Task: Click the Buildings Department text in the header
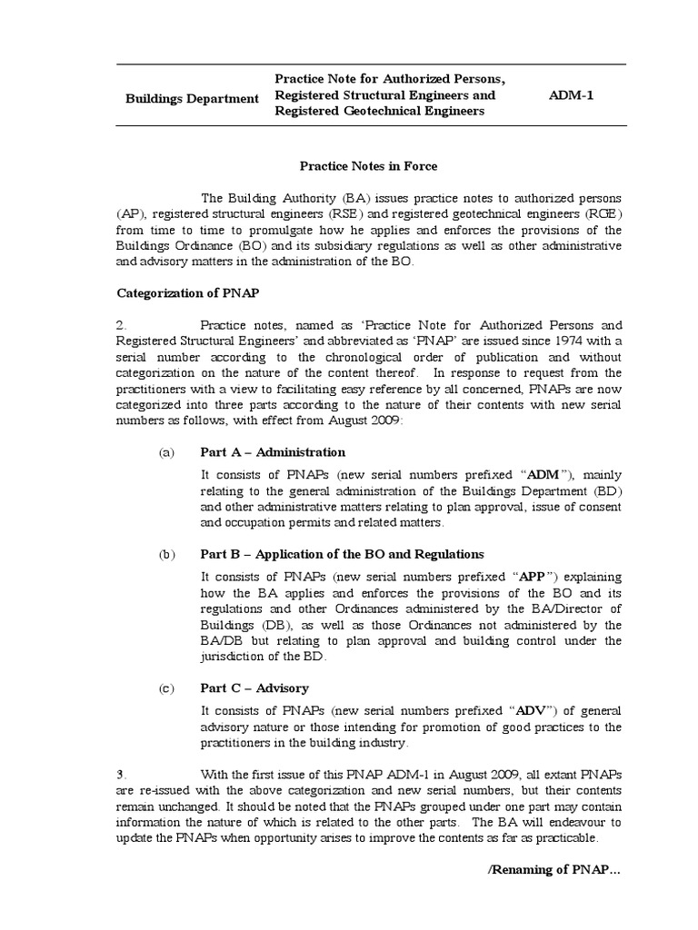point(192,97)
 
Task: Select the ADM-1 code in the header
point(572,94)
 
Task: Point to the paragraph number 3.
point(121,774)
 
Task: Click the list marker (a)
point(165,452)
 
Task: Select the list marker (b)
point(165,554)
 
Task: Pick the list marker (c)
point(165,688)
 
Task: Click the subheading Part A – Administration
point(273,452)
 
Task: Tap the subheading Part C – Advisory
point(254,688)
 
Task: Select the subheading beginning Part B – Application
point(342,554)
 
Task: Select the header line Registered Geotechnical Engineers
point(379,111)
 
